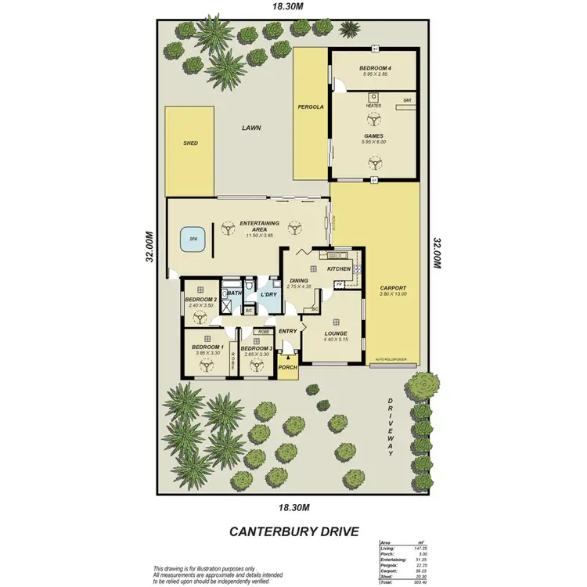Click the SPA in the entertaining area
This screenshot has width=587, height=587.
[x=193, y=239]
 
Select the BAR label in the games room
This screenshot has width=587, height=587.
[x=407, y=101]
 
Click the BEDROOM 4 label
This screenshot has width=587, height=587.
[x=375, y=69]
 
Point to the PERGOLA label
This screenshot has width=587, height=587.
[x=311, y=106]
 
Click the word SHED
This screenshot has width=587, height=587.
[x=190, y=144]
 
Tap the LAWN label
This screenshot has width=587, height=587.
[x=250, y=128]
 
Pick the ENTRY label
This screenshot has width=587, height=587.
[x=288, y=331]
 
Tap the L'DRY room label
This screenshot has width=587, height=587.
[x=269, y=294]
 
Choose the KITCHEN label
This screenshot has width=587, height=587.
[x=339, y=269]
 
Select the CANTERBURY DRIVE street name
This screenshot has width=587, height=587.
[x=293, y=531]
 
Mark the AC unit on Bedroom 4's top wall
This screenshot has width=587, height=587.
[x=375, y=49]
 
